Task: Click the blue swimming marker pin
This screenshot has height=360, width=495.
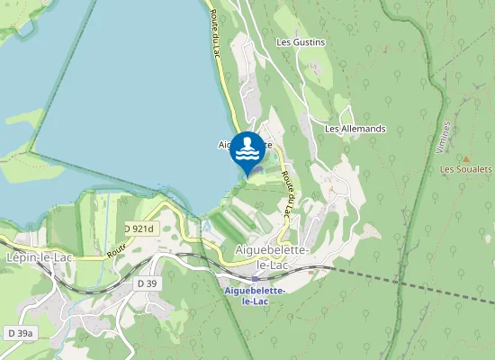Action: coord(248,150)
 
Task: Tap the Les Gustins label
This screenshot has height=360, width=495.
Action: coord(301,42)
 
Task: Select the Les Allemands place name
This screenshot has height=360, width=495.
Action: coord(355,129)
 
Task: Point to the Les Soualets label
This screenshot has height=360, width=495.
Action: coord(465,169)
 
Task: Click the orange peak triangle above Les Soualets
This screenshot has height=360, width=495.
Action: coord(466,158)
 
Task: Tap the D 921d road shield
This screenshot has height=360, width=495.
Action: coord(139,229)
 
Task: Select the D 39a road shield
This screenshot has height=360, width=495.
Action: coord(20,333)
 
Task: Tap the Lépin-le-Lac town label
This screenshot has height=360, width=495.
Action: coord(39,256)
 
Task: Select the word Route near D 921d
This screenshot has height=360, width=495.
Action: coord(115,250)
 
